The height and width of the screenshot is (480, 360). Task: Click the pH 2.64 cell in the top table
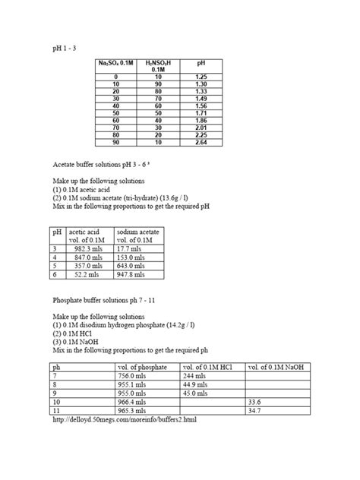click(x=201, y=141)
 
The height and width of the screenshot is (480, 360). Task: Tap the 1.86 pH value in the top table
click(x=201, y=120)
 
